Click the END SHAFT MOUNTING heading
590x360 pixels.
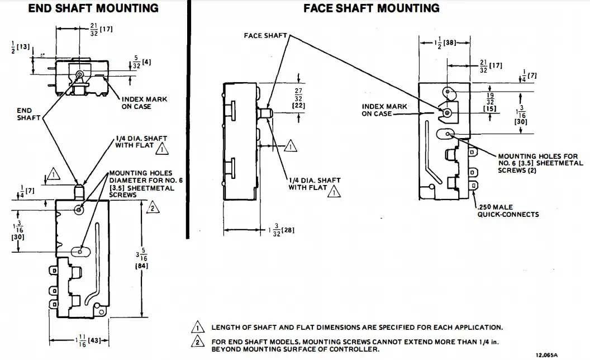(93, 8)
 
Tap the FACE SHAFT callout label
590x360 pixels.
(265, 36)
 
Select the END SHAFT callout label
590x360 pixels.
(25, 114)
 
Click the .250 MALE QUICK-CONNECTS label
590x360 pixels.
(508, 211)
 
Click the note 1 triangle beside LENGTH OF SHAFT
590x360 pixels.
(197, 328)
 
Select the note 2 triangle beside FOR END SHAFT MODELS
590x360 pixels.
(197, 342)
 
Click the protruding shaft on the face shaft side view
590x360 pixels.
(266, 113)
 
